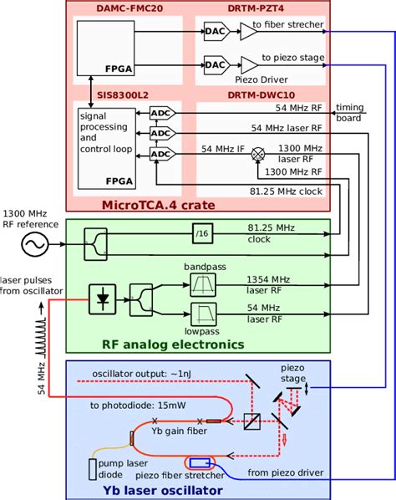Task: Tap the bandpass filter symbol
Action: [203, 288]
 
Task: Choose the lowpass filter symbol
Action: [203, 316]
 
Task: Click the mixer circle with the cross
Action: [259, 155]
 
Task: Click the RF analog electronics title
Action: [172, 344]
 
